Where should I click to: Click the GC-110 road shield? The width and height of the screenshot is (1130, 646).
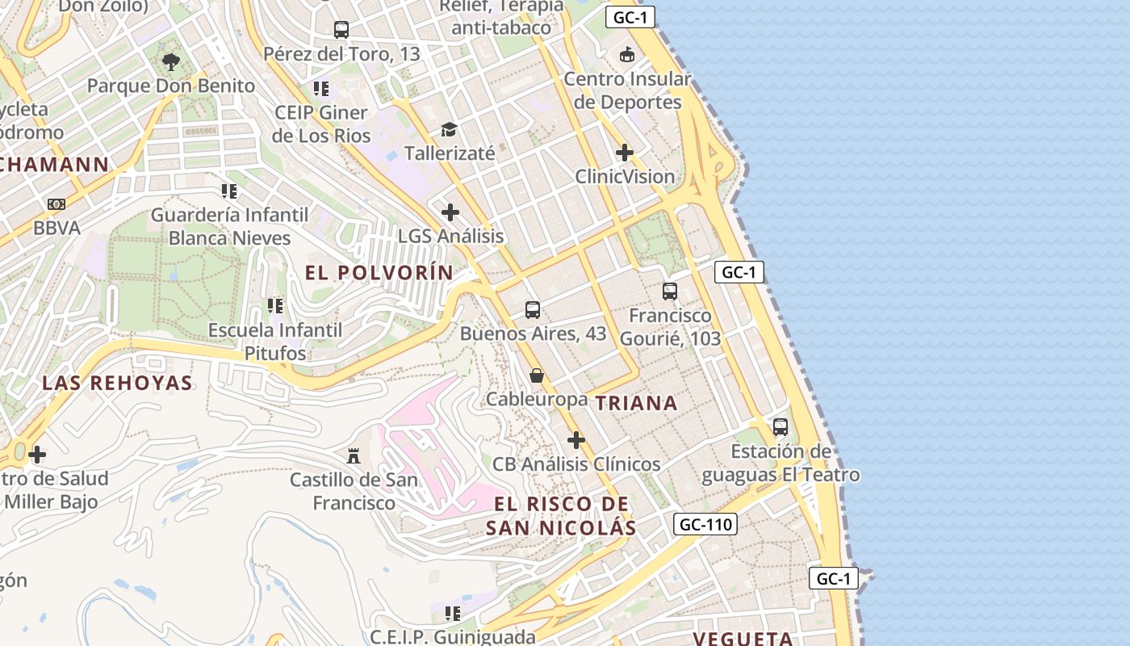705,524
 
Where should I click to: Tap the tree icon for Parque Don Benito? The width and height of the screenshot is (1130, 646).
170,61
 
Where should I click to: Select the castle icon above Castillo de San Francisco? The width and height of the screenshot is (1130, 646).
354,455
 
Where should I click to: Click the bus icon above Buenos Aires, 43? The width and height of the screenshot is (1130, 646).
533,309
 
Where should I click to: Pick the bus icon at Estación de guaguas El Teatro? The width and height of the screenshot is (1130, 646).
781,426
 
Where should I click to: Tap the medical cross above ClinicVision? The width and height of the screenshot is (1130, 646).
625,152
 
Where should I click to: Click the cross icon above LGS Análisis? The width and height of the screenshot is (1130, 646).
450,212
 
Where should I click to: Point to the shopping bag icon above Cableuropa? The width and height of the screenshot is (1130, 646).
537,375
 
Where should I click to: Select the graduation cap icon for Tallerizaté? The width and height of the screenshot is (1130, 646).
449,129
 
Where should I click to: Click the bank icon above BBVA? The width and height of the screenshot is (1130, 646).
56,204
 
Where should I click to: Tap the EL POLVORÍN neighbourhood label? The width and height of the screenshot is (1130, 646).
379,273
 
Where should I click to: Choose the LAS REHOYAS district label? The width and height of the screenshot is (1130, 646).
118,383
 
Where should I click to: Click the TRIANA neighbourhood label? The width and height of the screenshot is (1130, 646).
636,403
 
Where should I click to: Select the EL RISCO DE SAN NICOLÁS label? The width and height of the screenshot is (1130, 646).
561,516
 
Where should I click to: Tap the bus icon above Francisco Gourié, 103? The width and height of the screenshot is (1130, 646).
670,291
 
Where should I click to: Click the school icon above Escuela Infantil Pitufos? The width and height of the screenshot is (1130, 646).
275,306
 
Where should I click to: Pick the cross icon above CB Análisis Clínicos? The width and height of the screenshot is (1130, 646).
576,440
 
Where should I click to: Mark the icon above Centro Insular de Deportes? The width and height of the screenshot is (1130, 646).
627,55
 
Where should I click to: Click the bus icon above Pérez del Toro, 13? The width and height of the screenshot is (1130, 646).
341,30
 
